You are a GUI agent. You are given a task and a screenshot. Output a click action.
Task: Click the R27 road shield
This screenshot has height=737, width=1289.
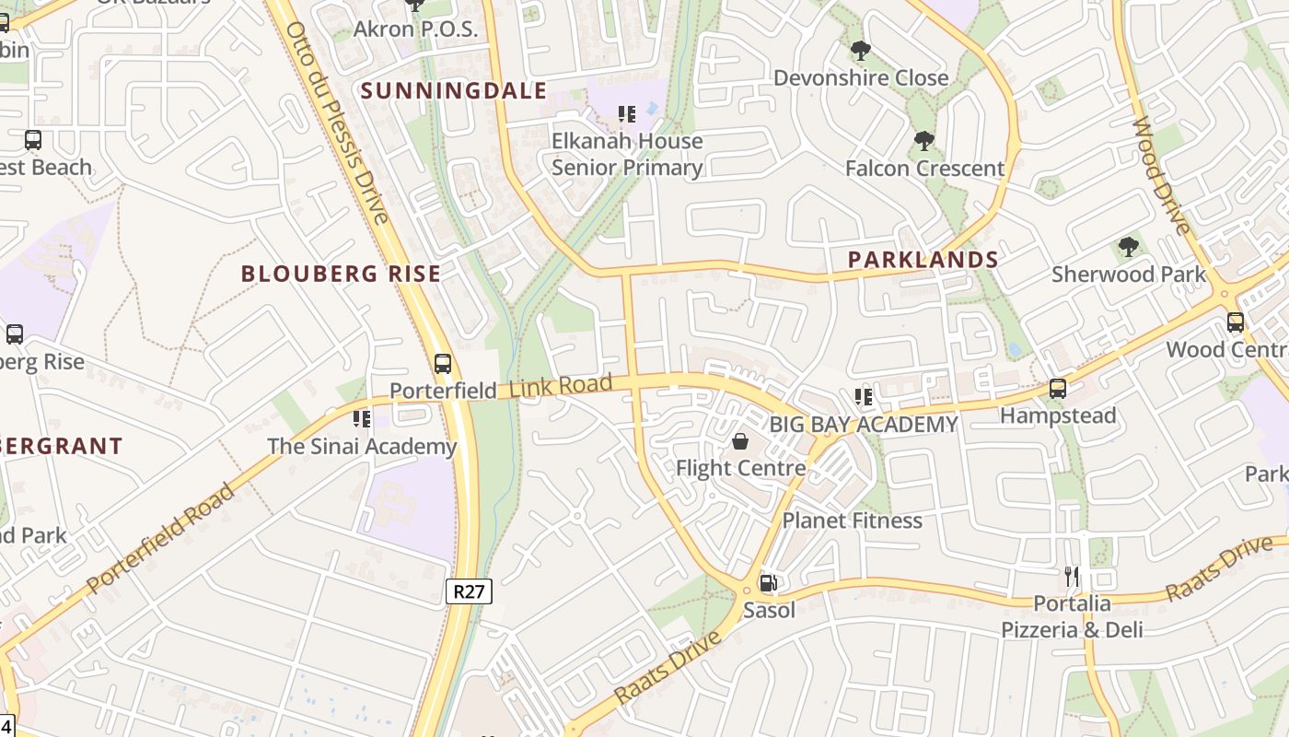coord(469,591)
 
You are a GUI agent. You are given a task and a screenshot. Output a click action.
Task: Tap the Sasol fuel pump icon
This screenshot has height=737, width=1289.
coord(767,583)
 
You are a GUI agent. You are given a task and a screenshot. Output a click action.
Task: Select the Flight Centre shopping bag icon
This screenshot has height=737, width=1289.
coord(740,442)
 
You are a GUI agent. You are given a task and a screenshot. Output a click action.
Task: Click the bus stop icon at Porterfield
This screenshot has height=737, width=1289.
coord(443,363)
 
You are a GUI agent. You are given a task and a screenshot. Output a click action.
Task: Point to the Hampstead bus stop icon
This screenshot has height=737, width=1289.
coord(1058,389)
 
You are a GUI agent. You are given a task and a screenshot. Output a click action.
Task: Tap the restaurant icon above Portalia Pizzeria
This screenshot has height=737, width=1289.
coord(1072,577)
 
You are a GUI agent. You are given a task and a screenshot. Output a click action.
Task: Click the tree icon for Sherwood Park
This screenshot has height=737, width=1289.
coord(1128,247)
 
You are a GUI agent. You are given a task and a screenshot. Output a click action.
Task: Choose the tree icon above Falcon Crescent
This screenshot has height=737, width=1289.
coord(923,141)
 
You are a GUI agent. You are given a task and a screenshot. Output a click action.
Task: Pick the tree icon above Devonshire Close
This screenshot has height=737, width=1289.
coord(861,51)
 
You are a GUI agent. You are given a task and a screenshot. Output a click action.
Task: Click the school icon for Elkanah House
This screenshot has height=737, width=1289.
coord(627,114)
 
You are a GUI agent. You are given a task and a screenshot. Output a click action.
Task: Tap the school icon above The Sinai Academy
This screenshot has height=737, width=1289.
coord(362,419)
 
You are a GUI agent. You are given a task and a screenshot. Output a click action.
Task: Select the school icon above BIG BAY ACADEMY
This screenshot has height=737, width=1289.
coord(864,397)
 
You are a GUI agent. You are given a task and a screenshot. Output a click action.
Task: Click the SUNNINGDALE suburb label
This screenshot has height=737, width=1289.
coord(454,90)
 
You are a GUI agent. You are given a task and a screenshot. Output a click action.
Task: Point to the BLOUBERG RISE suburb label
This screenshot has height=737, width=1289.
coord(341,274)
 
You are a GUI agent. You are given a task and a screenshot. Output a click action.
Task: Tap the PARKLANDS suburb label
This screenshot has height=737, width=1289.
coord(923,260)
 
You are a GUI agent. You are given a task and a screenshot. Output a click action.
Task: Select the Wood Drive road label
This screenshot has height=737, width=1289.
coord(1161,176)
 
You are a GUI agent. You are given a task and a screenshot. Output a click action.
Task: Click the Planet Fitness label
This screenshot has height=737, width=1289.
coord(852,521)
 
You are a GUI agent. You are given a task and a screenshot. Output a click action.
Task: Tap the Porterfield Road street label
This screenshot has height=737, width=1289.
coord(161,538)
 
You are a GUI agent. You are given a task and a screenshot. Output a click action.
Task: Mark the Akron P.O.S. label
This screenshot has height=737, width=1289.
coord(416,29)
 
